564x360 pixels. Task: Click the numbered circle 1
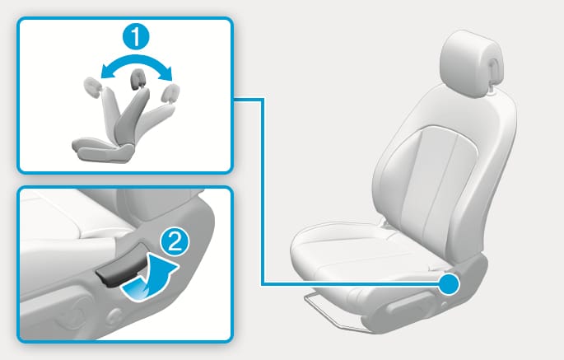[x=136, y=37]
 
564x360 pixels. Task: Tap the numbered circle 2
[x=175, y=242]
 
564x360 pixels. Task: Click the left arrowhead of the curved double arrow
[x=105, y=72]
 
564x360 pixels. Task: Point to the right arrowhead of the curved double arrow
[x=168, y=73]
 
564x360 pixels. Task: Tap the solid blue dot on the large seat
[x=449, y=284]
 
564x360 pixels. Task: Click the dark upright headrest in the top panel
[x=138, y=78]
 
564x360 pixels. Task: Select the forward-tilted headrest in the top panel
[x=93, y=87]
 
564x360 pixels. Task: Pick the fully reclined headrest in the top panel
[x=170, y=93]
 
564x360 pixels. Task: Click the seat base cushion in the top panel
[x=103, y=149]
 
